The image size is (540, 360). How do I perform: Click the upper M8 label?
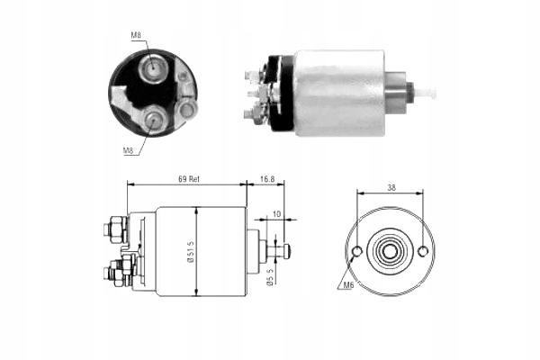tap(136, 35)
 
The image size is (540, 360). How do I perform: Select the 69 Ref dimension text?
tap(187, 179)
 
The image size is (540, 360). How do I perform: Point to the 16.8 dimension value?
tap(265, 179)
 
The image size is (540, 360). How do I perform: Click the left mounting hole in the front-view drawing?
tap(357, 251)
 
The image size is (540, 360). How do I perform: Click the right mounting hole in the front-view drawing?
tap(423, 251)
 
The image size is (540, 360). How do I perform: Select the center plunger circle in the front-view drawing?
tap(390, 251)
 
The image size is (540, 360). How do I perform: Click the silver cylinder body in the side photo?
tap(337, 92)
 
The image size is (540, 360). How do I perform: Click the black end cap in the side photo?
tap(283, 92)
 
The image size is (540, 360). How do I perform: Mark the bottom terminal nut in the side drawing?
tap(114, 273)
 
